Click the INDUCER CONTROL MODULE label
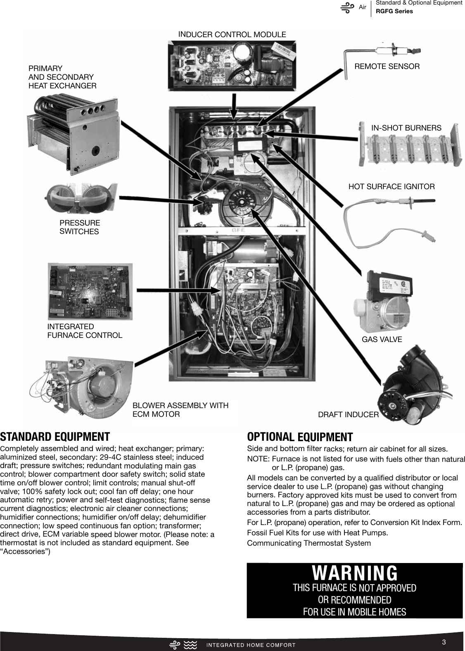232,35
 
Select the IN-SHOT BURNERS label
406,128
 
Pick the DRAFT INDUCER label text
348,415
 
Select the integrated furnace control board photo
90,292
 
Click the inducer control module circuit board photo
232,65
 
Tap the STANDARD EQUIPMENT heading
55,437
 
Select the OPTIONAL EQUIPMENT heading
300,437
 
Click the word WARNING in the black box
355,573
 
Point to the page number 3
444,642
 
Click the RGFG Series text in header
394,11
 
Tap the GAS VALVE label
382,340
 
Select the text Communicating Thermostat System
309,543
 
